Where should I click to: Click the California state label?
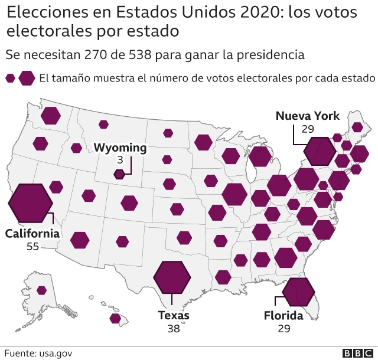[x=32, y=234]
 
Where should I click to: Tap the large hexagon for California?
[x=31, y=202]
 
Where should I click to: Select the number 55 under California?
[x=32, y=246]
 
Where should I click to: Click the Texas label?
[x=174, y=316]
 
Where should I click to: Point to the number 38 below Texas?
[x=173, y=328]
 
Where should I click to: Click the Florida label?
[x=283, y=316]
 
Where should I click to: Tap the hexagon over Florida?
[x=298, y=291]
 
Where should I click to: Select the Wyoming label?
[x=120, y=148]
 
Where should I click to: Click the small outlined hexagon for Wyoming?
[x=119, y=174]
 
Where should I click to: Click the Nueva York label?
[x=308, y=116]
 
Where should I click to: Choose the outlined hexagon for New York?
[x=319, y=152]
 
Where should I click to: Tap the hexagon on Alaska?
[x=42, y=290]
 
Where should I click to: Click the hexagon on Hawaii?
[x=115, y=319]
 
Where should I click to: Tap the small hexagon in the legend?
[x=10, y=78]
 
